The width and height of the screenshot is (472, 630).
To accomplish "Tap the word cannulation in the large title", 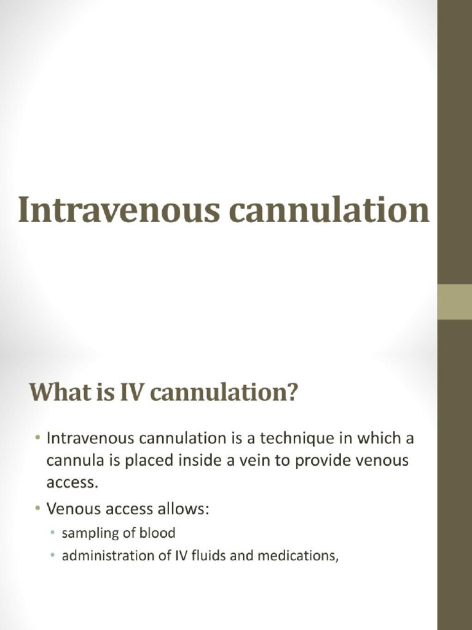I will click(328, 210).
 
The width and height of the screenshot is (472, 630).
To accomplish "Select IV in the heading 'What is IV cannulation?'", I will click(135, 393).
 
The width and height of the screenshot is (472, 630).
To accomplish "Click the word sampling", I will click(87, 533).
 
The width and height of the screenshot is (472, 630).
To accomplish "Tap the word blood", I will click(157, 533).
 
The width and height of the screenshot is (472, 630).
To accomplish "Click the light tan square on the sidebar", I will click(455, 302).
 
